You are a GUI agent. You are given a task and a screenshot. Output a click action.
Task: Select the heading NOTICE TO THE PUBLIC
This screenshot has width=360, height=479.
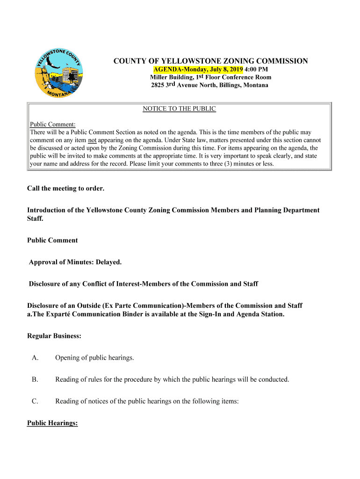(x=179, y=109)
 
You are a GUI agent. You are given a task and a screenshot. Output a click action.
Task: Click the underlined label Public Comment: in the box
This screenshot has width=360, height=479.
(x=53, y=124)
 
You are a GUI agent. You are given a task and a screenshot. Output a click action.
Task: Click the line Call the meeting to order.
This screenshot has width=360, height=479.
(x=65, y=189)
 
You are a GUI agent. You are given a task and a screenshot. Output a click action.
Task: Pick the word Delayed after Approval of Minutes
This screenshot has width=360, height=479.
(x=108, y=262)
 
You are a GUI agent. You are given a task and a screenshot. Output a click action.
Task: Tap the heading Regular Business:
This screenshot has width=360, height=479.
(x=54, y=336)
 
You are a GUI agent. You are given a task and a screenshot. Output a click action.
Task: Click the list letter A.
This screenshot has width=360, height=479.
(x=35, y=358)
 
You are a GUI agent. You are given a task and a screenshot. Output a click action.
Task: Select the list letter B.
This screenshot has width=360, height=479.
(x=35, y=379)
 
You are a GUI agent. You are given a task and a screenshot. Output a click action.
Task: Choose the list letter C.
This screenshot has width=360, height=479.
(x=35, y=401)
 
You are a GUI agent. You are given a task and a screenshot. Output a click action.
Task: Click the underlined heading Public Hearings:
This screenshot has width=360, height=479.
(x=52, y=423)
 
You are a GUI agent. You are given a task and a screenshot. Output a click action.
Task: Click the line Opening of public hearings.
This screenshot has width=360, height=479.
(x=94, y=358)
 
